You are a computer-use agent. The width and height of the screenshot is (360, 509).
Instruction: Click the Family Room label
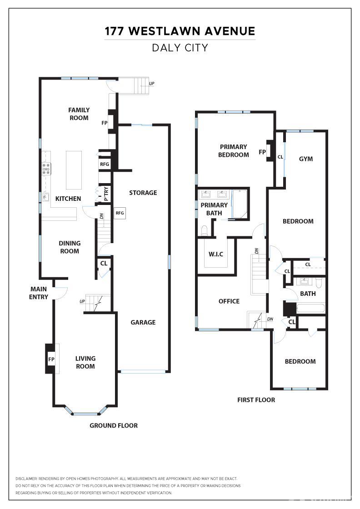coord(79,114)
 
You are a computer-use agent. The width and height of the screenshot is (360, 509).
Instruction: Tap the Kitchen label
coord(68,199)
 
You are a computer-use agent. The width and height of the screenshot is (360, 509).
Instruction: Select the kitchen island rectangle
coord(74,170)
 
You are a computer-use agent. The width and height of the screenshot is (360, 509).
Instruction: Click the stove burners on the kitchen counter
coord(46,169)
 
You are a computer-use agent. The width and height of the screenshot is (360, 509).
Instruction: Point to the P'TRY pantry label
coord(106,194)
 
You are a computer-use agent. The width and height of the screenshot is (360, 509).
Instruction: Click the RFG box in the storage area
coord(120,213)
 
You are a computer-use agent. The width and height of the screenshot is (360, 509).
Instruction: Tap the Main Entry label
coord(39,293)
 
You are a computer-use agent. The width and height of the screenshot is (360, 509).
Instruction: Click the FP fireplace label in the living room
coord(51,359)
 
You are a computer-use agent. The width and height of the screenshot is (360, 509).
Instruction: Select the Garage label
coord(143,322)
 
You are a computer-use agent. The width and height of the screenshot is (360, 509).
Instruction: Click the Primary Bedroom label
coord(234,151)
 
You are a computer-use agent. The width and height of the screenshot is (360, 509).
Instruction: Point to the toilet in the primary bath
coord(205,230)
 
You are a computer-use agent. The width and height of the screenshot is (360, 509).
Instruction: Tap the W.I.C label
coord(216,254)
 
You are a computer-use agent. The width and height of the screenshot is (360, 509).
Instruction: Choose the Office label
coord(229,301)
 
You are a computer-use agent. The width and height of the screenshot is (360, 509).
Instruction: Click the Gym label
coord(306,159)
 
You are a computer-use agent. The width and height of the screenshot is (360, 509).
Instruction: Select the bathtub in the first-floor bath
coord(310,308)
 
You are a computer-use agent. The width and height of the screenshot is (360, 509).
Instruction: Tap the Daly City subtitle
coord(180,48)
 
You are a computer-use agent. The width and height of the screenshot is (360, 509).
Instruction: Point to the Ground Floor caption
coord(114,425)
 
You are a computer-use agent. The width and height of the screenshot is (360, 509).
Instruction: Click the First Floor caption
coord(256,400)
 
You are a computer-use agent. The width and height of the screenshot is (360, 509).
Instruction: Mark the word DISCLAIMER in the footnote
coord(26,479)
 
